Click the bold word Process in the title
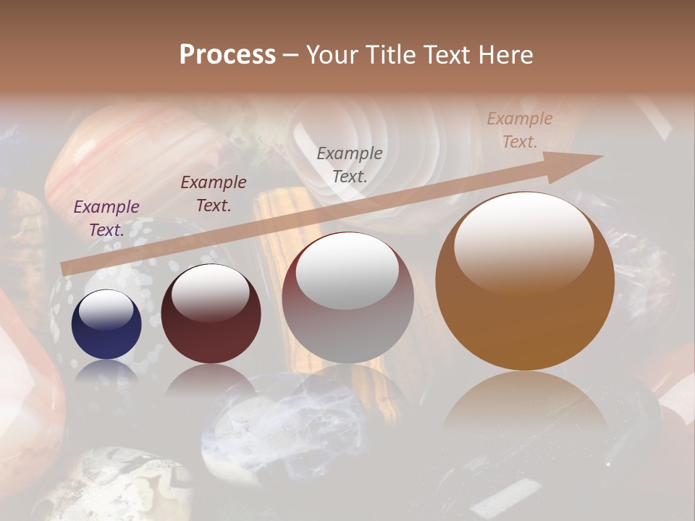[227, 55]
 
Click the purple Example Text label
[106, 219]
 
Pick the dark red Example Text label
[214, 194]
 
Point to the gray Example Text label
[350, 164]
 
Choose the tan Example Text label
[520, 130]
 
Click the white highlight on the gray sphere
[347, 271]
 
